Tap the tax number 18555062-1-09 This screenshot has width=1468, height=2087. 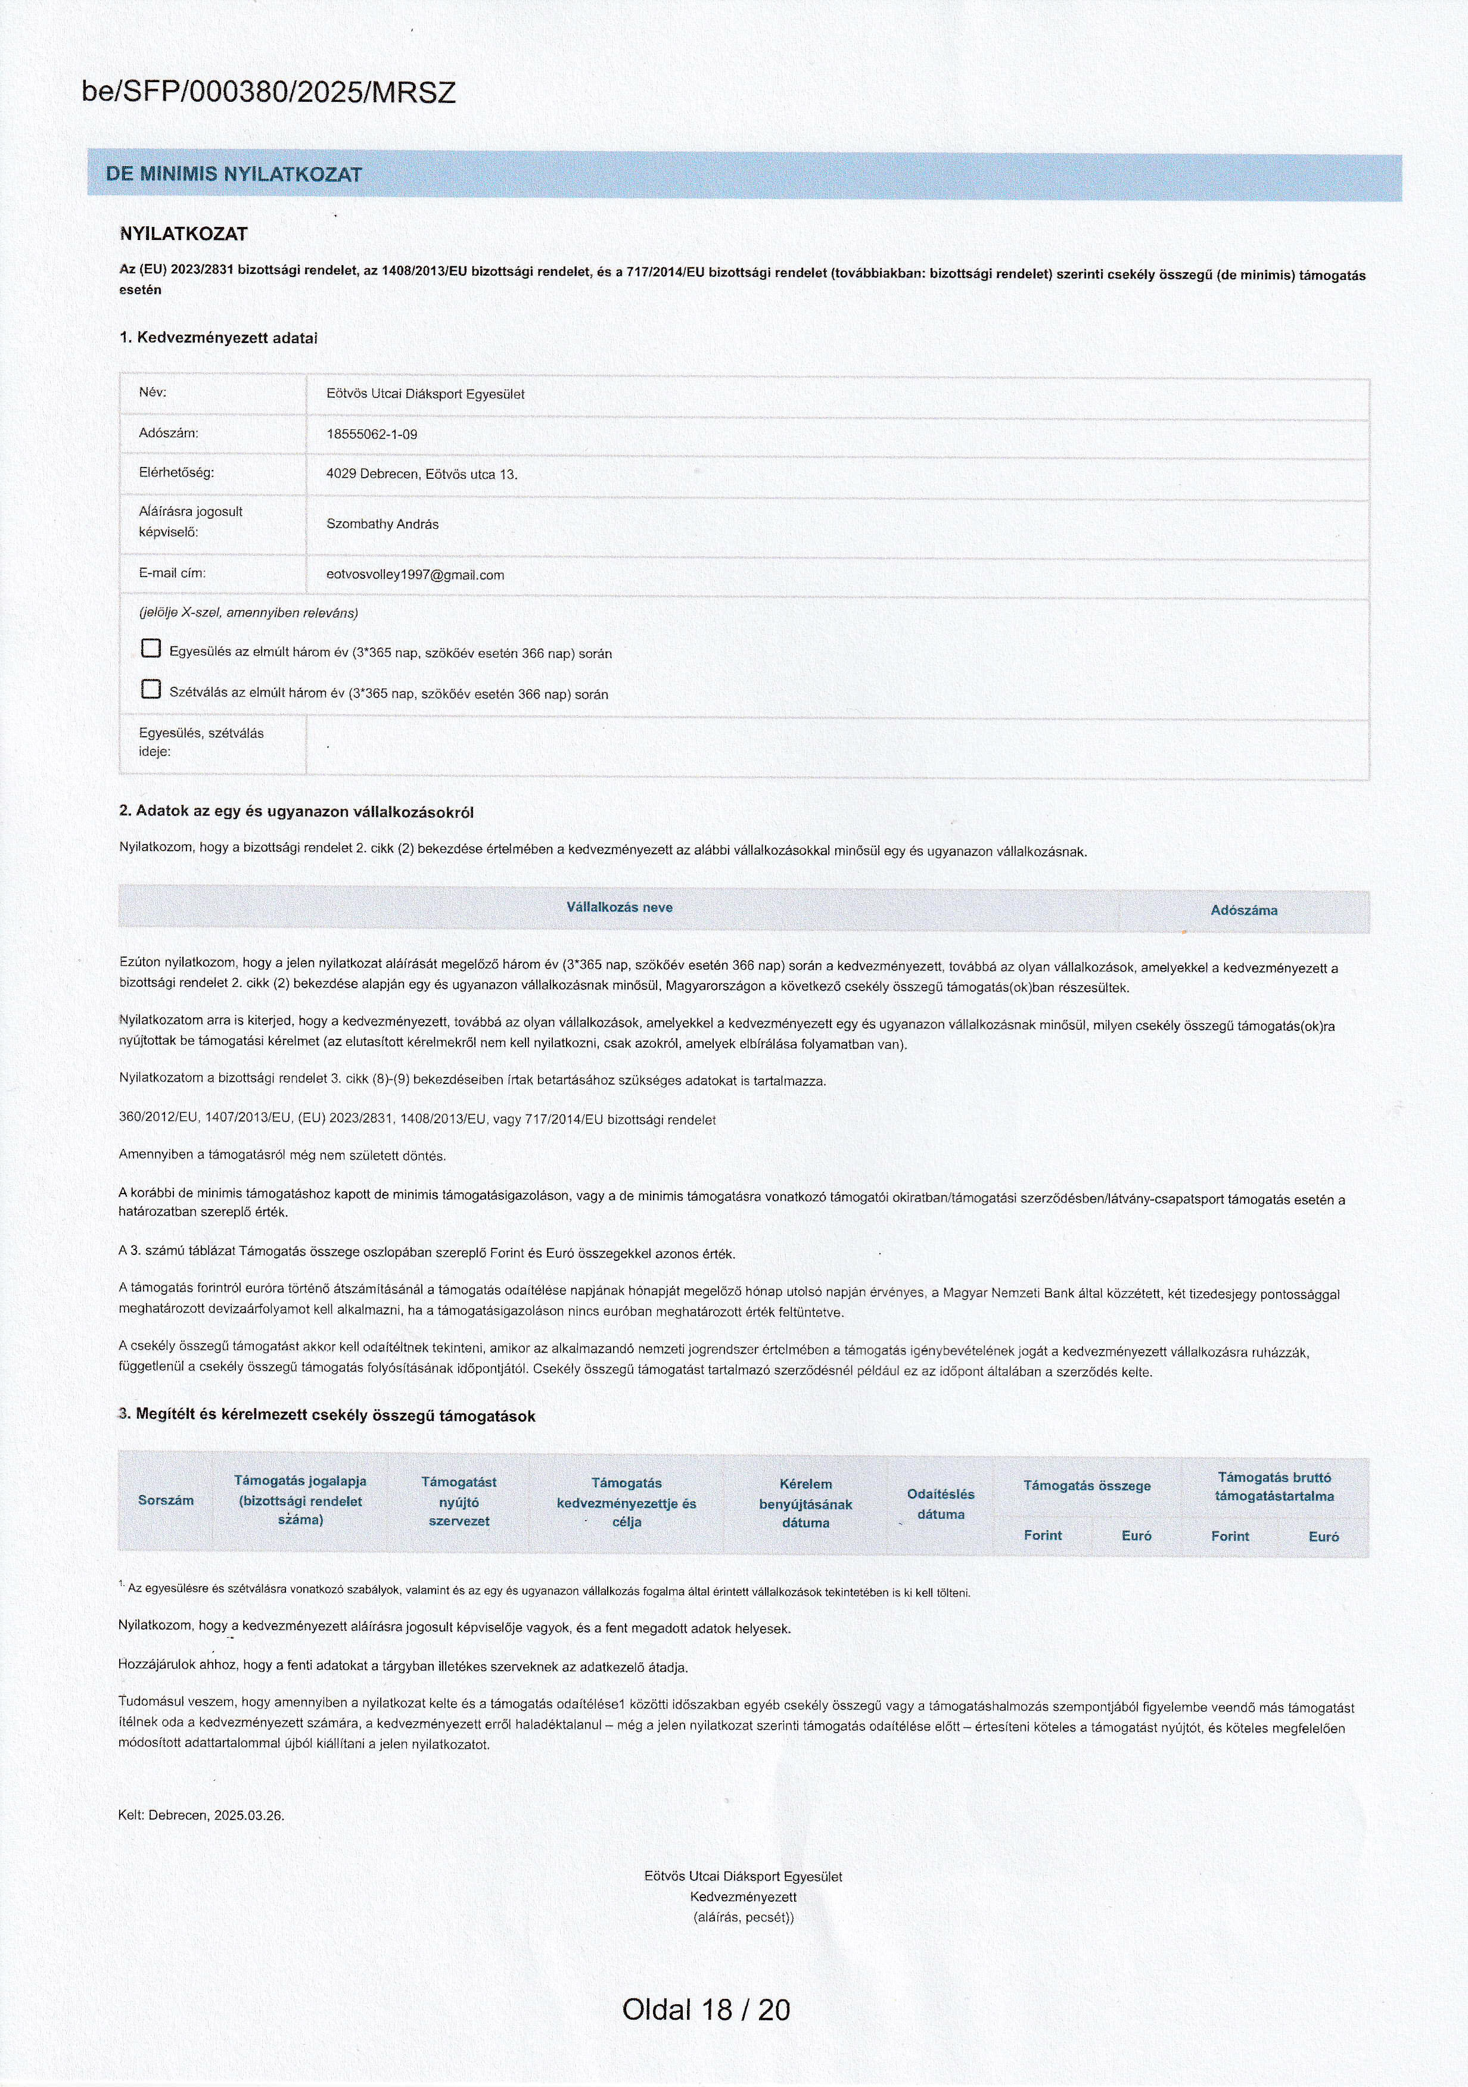[x=372, y=434]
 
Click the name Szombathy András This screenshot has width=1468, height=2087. [x=382, y=525]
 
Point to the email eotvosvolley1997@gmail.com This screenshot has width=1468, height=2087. [x=415, y=575]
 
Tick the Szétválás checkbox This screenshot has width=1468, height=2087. [x=151, y=689]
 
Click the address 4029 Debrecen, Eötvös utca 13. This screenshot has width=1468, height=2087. [x=422, y=475]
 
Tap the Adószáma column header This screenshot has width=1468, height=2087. [x=1243, y=910]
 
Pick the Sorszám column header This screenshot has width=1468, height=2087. [x=166, y=1500]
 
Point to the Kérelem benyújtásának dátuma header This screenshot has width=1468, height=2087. [x=805, y=1503]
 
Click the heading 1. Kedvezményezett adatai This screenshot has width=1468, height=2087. [x=218, y=337]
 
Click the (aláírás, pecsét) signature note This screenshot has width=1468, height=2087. [x=742, y=1917]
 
